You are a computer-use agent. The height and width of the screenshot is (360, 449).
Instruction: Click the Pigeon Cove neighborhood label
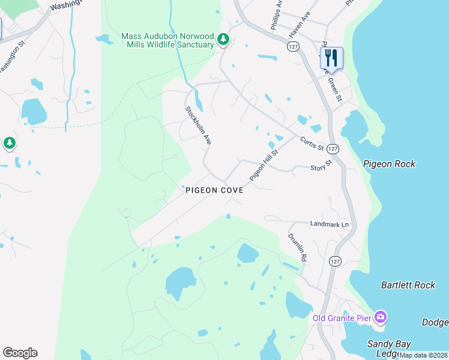pyautogui.click(x=214, y=190)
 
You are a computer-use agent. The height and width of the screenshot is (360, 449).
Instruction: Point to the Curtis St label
pyautogui.click(x=312, y=143)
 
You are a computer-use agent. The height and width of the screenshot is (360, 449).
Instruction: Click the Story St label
pyautogui.click(x=321, y=166)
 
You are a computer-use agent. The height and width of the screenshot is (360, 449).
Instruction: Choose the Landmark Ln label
pyautogui.click(x=329, y=224)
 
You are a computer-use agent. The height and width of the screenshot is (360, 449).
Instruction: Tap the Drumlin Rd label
pyautogui.click(x=297, y=247)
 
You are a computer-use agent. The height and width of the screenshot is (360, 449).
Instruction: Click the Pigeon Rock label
pyautogui.click(x=389, y=164)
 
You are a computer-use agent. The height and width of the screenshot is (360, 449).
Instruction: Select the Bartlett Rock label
pyautogui.click(x=408, y=285)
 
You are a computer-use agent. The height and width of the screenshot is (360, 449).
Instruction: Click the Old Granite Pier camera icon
pyautogui.click(x=380, y=316)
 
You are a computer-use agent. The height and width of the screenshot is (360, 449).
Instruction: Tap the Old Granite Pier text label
pyautogui.click(x=342, y=317)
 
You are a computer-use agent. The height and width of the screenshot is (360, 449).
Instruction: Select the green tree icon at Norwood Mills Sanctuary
pyautogui.click(x=223, y=40)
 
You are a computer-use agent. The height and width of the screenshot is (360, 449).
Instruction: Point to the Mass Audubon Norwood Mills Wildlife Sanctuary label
pyautogui.click(x=167, y=40)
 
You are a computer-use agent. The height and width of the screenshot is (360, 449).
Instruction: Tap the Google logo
pyautogui.click(x=20, y=353)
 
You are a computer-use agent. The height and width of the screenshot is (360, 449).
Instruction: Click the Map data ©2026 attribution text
pyautogui.click(x=423, y=355)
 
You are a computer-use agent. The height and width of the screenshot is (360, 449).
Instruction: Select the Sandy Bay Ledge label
pyautogui.click(x=389, y=349)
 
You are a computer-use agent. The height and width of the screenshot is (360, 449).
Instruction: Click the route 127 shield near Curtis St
pyautogui.click(x=334, y=148)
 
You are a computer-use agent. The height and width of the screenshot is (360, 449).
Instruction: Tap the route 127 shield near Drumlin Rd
pyautogui.click(x=335, y=261)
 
